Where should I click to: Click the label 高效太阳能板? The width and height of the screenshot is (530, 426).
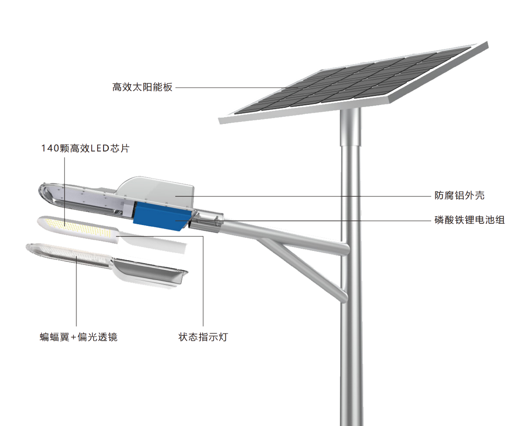pyautogui.click(x=142, y=87)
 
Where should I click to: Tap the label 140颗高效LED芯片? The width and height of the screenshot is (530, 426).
pyautogui.click(x=85, y=148)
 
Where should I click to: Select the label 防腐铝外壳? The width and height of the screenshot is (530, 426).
pyautogui.click(x=459, y=195)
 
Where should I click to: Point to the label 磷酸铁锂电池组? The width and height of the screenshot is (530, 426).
pyautogui.click(x=469, y=220)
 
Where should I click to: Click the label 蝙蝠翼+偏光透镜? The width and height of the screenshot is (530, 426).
pyautogui.click(x=79, y=337)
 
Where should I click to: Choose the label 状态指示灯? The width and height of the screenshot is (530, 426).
pyautogui.click(x=203, y=337)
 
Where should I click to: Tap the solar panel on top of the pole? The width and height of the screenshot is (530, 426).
pyautogui.click(x=352, y=81)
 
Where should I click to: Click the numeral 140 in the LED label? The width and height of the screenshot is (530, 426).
pyautogui.click(x=50, y=148)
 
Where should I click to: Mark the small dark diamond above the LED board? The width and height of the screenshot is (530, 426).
pyautogui.click(x=65, y=213)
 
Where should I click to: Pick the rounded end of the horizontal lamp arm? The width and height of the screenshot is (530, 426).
pyautogui.click(x=344, y=248)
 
